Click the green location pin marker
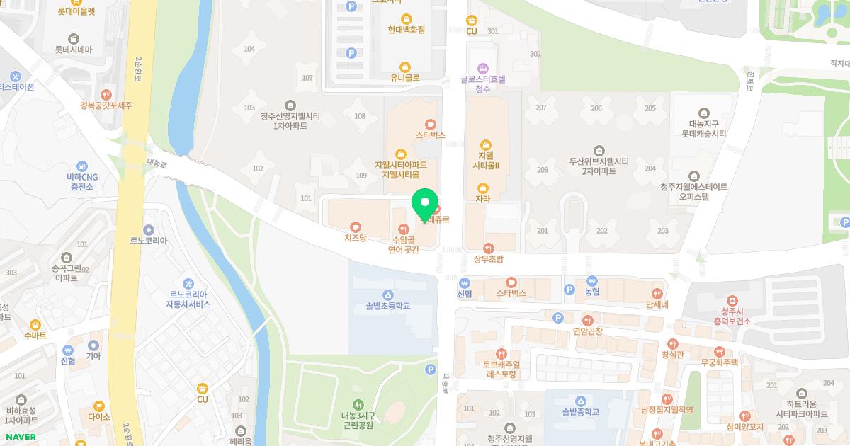point(425,206)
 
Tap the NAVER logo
point(21,437)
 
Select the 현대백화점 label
point(407,30)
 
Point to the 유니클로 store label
point(405,78)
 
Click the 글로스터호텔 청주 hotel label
point(483,84)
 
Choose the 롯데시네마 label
point(74,50)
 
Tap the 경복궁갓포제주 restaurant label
point(106,105)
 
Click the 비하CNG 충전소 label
point(81,182)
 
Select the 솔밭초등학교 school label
point(387,307)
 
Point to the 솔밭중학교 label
point(580,411)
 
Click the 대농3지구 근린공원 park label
point(357,421)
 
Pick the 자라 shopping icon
point(483,188)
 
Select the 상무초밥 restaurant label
point(488,259)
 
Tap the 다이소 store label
point(99,417)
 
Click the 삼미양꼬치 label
point(744,427)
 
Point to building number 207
point(541,108)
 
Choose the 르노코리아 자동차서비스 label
point(188,299)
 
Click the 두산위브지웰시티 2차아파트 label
point(599,166)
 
